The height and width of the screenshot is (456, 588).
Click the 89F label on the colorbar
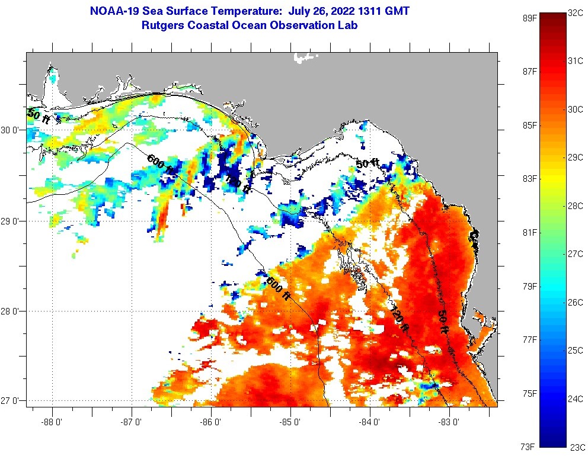529,18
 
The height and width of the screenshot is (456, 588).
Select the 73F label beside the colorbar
529,446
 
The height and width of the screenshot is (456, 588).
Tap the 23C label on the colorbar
577,447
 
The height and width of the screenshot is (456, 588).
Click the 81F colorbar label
529,232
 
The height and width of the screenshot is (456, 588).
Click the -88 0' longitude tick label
52,422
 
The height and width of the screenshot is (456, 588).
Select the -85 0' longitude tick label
291,422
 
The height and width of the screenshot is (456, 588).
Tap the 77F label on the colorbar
529,339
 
